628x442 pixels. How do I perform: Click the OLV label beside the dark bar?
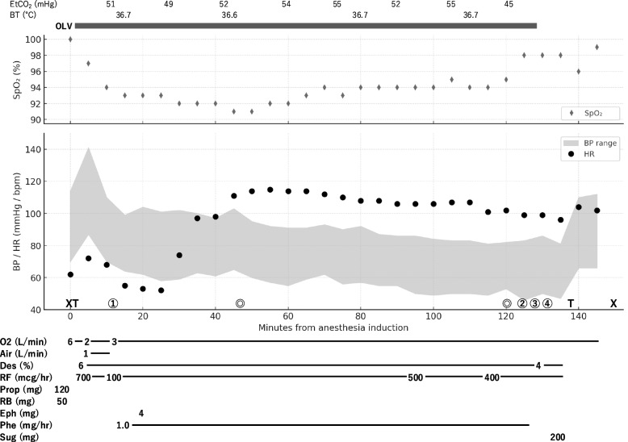pos(62,26)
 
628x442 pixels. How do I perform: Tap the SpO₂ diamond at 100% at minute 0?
pos(70,39)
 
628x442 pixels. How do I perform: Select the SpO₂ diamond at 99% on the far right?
pos(597,47)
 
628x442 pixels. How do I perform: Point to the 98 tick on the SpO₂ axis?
pos(55,55)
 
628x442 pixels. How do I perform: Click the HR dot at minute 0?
pos(70,274)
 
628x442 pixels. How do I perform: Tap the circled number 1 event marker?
pos(113,304)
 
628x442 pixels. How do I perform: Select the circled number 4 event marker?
pos(547,304)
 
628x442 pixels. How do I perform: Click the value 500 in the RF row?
pos(416,377)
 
